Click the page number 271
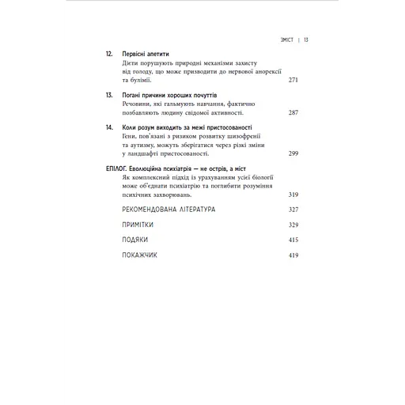pyautogui.click(x=294, y=80)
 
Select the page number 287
pyautogui.click(x=294, y=112)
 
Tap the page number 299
pyautogui.click(x=294, y=153)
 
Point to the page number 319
pyautogui.click(x=294, y=194)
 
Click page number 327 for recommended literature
pyautogui.click(x=294, y=210)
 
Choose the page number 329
pyautogui.click(x=294, y=225)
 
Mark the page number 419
pyautogui.click(x=294, y=255)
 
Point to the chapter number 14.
pyautogui.click(x=109, y=126)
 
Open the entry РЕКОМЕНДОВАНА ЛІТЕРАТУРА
pyautogui.click(x=169, y=210)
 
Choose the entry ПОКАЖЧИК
pyautogui.click(x=139, y=255)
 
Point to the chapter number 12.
pyautogui.click(x=109, y=53)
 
